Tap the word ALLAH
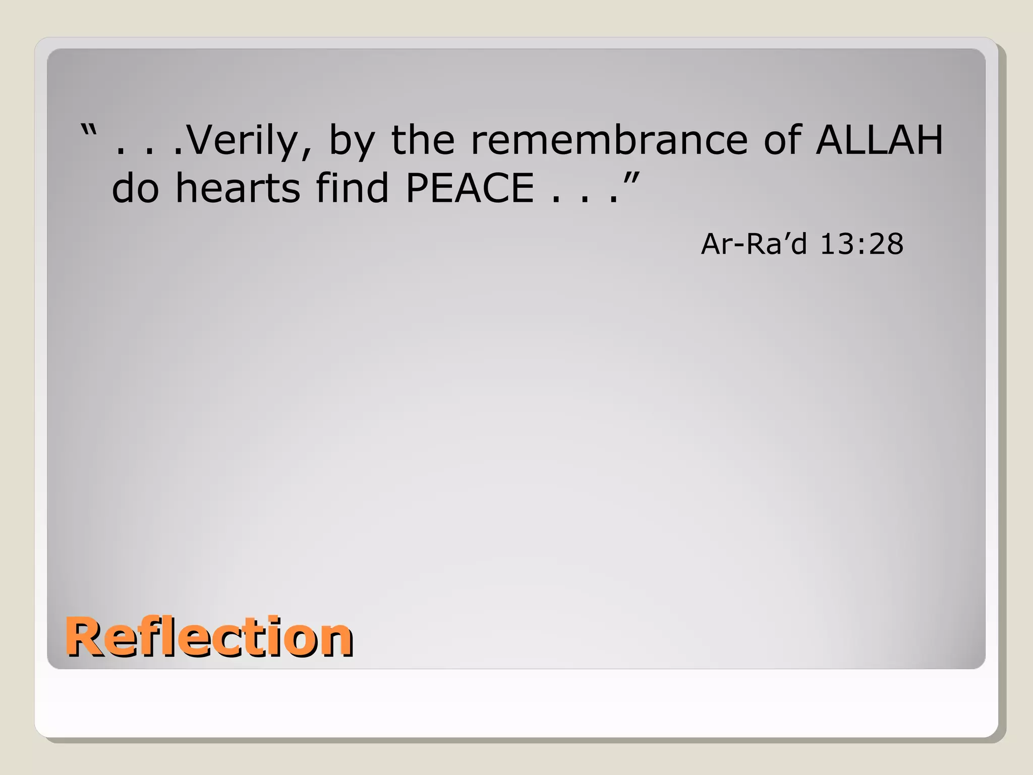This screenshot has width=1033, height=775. (x=880, y=140)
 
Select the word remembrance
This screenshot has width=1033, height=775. (x=609, y=140)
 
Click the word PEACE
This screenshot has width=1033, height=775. (x=470, y=188)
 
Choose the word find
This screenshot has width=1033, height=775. (x=352, y=188)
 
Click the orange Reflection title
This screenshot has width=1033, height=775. (x=209, y=637)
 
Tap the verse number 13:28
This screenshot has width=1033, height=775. (x=862, y=244)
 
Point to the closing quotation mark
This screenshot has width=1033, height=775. (x=632, y=178)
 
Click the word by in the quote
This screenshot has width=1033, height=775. (x=352, y=141)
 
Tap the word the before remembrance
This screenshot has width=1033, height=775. (x=423, y=140)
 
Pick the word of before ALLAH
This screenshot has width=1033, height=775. (x=782, y=140)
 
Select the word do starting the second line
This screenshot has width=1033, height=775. (x=135, y=188)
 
